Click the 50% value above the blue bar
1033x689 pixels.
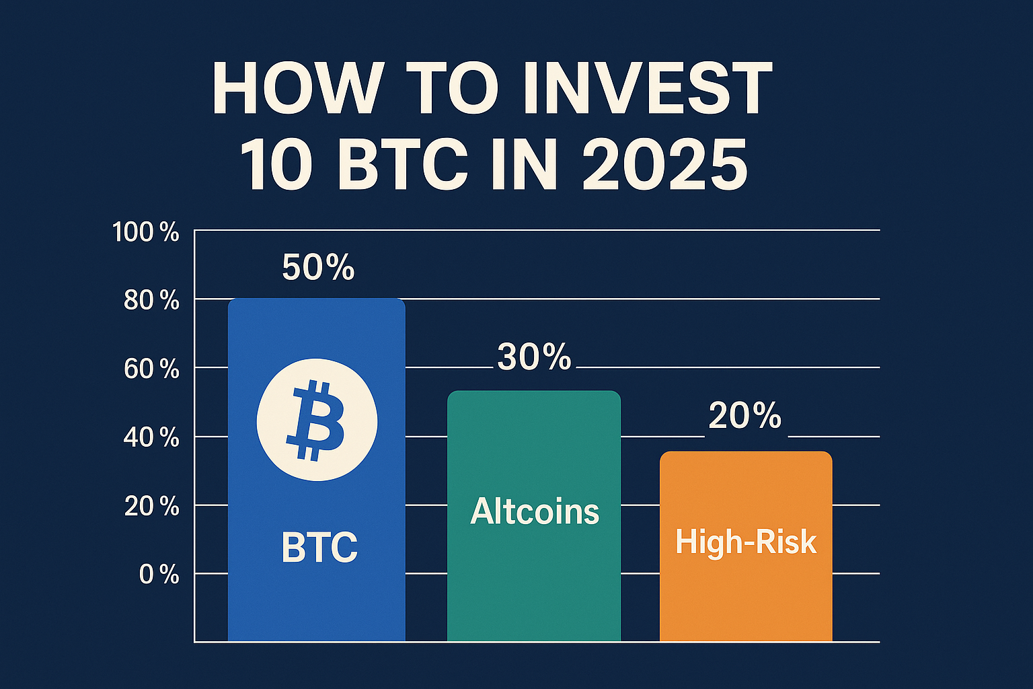tap(318, 268)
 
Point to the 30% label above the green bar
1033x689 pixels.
tap(534, 357)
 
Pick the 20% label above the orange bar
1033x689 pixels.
tap(744, 416)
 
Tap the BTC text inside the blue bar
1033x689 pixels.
tap(319, 547)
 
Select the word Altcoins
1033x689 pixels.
tap(535, 511)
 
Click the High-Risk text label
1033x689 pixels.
tap(746, 542)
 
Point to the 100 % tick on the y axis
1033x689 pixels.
tap(145, 233)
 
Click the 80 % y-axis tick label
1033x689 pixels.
tap(151, 301)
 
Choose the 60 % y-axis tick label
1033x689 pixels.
tap(151, 369)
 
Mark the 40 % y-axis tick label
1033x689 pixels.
tap(151, 439)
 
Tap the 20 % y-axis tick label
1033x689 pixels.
tap(151, 507)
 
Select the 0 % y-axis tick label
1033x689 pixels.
tap(159, 575)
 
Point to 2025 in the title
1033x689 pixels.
tap(664, 165)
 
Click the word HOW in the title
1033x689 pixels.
tap(297, 89)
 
